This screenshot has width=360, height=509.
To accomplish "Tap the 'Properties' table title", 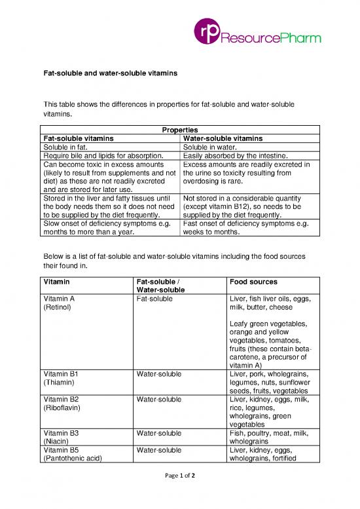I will point(179,130).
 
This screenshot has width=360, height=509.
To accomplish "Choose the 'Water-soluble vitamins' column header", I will point(223,139).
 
